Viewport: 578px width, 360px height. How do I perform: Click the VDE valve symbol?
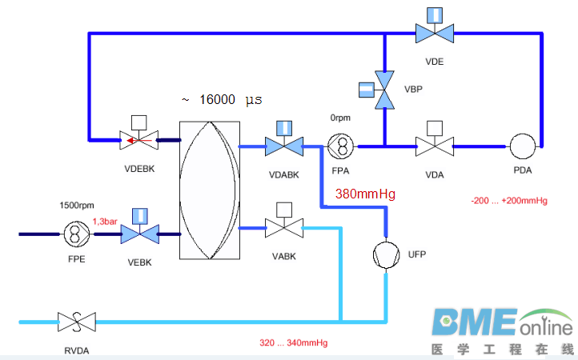[x=435, y=33]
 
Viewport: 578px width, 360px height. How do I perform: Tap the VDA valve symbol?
[x=435, y=146]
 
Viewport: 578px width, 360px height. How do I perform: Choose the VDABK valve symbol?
[x=284, y=146]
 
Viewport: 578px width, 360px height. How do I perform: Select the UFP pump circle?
[x=386, y=254]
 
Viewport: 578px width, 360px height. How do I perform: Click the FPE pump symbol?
[x=77, y=234]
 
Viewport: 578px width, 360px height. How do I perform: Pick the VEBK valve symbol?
[x=139, y=234]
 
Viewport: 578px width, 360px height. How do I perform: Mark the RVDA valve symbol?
[x=76, y=322]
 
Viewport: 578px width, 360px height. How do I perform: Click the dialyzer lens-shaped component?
[x=211, y=190]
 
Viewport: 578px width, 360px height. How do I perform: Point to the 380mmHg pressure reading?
[x=365, y=194]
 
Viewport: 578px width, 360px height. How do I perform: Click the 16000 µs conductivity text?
[x=221, y=99]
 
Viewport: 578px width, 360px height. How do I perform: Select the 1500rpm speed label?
[x=77, y=205]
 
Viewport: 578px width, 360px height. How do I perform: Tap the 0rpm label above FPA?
[x=341, y=118]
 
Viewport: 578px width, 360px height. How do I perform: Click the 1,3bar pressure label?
[x=106, y=221]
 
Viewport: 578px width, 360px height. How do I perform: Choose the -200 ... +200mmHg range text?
[x=508, y=202]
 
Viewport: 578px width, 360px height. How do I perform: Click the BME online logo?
[x=504, y=328]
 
